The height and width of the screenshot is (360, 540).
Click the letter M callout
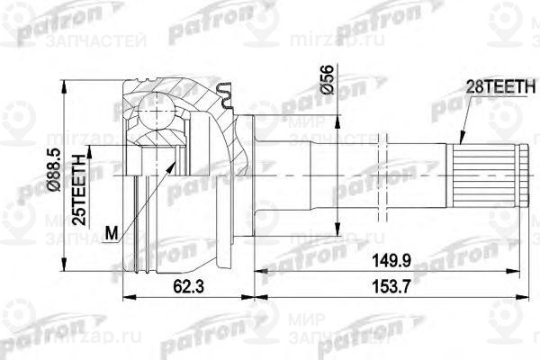[x=110, y=234]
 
